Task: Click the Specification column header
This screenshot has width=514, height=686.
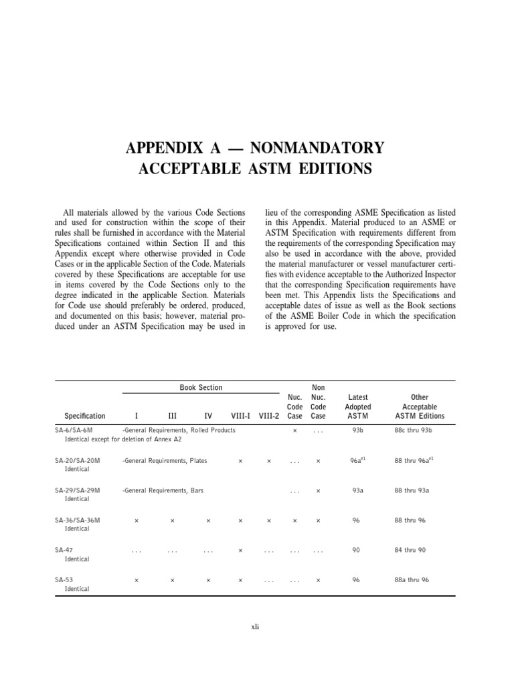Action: click(x=85, y=416)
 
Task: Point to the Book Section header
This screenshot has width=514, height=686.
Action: click(x=201, y=388)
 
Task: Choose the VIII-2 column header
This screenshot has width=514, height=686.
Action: click(x=269, y=416)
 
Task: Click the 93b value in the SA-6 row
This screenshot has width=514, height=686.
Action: click(x=357, y=430)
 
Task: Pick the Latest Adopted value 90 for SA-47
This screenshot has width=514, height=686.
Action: click(x=356, y=550)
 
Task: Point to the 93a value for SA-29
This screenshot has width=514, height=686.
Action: click(x=357, y=490)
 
